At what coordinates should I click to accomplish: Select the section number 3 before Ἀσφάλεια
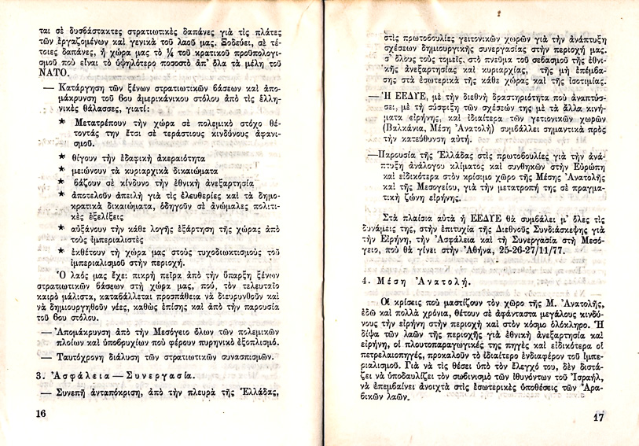click(x=39, y=377)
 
